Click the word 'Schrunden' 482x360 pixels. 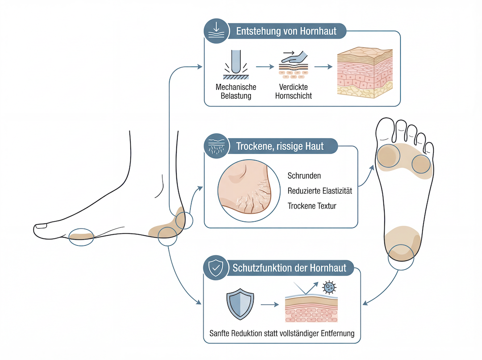[304, 176]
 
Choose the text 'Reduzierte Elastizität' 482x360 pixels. [320, 191]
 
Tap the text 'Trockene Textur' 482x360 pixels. [312, 206]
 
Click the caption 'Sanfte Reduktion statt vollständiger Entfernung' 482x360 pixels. [282, 334]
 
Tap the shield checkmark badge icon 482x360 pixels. [216, 268]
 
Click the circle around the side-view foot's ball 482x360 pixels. [81, 237]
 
